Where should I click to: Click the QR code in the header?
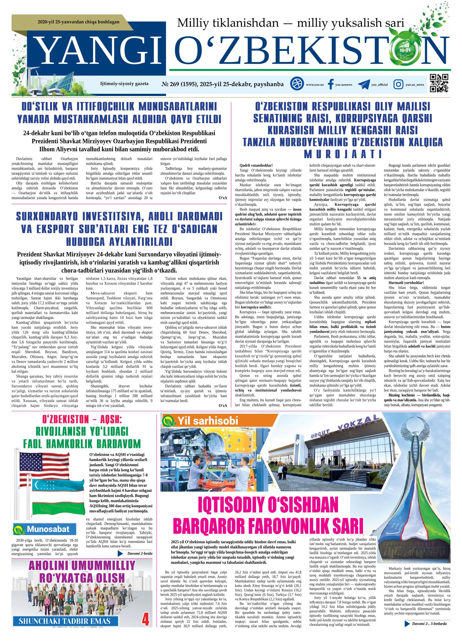[x=439, y=83]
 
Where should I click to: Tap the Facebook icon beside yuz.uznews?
[x=330, y=84]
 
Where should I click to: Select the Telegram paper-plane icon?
[x=364, y=84]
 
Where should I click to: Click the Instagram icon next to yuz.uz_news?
[x=398, y=84]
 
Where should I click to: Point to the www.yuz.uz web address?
[x=315, y=85]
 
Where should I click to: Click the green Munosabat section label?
[x=41, y=537]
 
